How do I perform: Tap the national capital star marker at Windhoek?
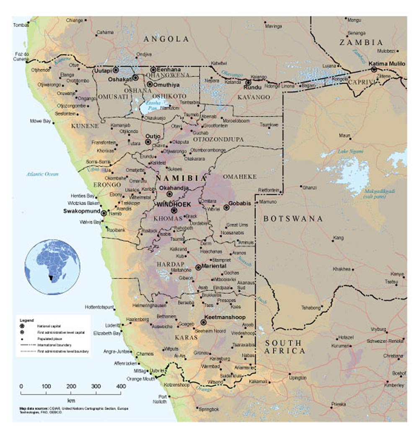click(x=174, y=211)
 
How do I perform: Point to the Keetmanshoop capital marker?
click(x=204, y=323)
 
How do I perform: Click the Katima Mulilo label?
click(x=387, y=63)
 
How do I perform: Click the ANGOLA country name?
click(x=166, y=39)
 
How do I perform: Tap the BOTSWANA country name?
click(x=293, y=219)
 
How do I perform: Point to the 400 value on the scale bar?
click(x=121, y=386)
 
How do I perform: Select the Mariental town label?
click(x=214, y=266)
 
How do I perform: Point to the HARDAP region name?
click(x=168, y=264)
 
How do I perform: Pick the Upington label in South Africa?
click(x=297, y=378)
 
